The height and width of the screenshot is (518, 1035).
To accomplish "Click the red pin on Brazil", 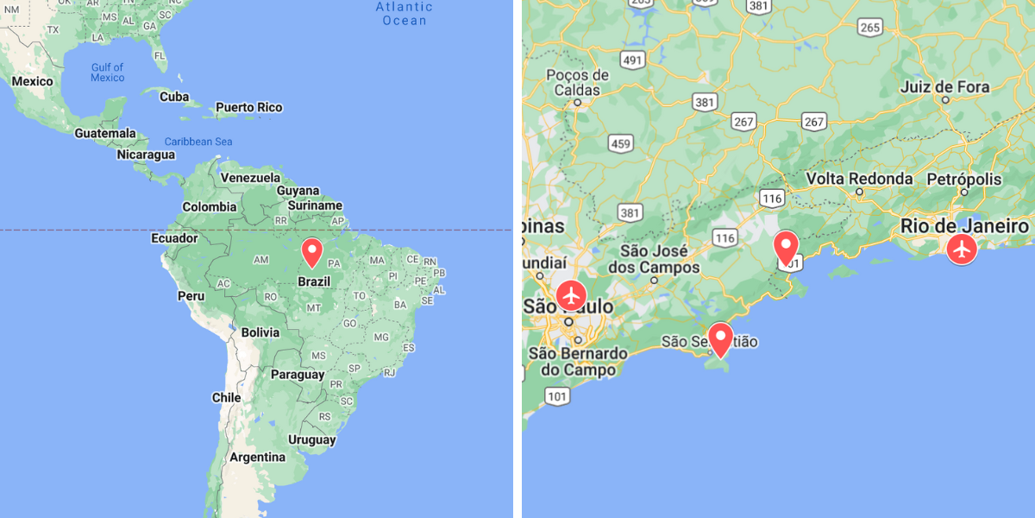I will (x=312, y=251).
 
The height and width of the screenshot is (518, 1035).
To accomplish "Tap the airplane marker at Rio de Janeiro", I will (x=962, y=249).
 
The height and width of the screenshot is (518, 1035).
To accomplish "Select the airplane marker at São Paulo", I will (x=571, y=294).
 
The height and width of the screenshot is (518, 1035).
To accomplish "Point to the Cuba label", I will (x=174, y=97).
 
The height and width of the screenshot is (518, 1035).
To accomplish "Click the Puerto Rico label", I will (x=248, y=108).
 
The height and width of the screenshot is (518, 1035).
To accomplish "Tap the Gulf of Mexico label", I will (x=108, y=73).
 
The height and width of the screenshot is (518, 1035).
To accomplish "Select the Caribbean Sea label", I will (x=198, y=142).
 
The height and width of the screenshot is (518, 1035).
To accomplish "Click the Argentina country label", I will (x=257, y=457).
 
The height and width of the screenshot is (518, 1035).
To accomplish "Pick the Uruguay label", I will (x=311, y=439).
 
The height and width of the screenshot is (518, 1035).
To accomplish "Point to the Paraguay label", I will (x=297, y=375).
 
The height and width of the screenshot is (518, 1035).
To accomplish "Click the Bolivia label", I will (x=260, y=332).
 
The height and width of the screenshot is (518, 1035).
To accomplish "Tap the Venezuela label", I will (x=251, y=178).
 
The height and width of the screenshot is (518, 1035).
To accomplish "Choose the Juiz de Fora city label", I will (x=944, y=87).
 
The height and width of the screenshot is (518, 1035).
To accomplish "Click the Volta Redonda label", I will (x=859, y=179).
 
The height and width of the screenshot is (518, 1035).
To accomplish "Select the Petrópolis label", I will (x=964, y=180).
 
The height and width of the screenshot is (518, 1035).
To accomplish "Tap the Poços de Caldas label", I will (x=578, y=82).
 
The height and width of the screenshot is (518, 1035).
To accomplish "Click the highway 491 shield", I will (x=633, y=60).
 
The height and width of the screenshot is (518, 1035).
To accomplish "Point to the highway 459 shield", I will (x=620, y=142).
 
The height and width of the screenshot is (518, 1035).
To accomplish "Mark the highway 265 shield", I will (x=869, y=27).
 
